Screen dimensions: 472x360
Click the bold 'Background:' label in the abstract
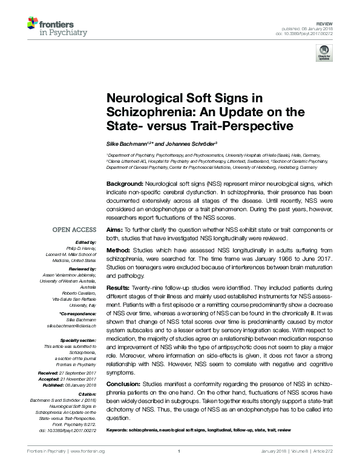tap(126, 183)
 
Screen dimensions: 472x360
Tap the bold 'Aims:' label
tap(114, 230)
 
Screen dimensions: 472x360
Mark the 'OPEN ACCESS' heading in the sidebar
tap(74, 230)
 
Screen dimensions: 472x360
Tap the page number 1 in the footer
tap(180, 468)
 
